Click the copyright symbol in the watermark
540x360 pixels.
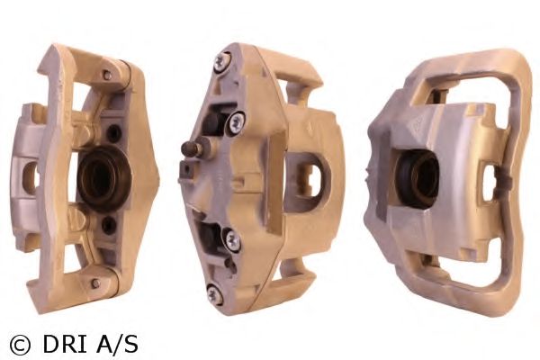tap(21, 345)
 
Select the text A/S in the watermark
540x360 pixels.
tap(117, 344)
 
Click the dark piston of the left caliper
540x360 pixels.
tap(103, 178)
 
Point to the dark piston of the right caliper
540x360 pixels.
tap(417, 179)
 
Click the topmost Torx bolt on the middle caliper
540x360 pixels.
tap(221, 62)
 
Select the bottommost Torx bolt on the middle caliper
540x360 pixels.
tap(214, 295)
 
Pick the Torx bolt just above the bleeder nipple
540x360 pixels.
tap(236, 122)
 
